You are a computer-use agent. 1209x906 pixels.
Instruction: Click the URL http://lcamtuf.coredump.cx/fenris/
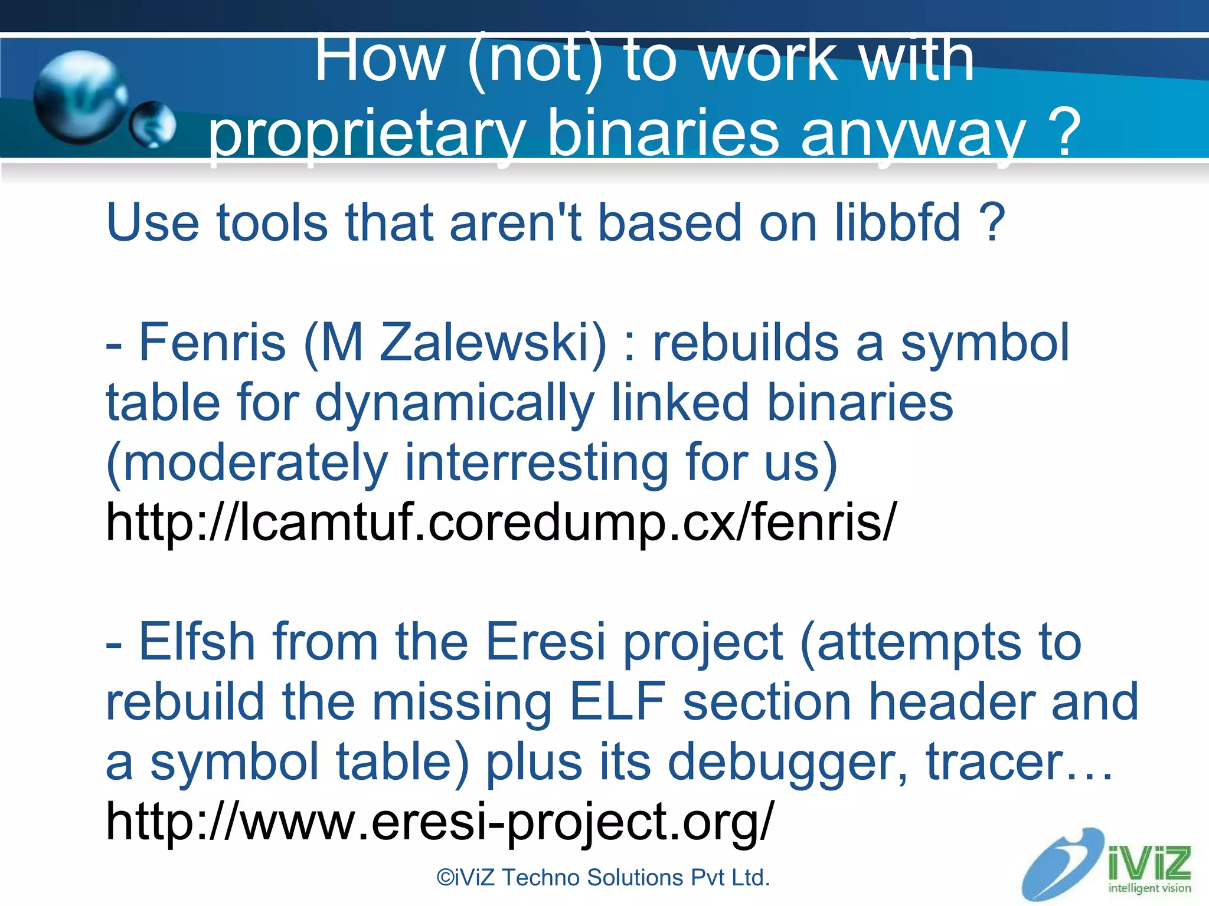pyautogui.click(x=501, y=522)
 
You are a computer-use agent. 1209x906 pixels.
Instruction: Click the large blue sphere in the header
pyautogui.click(x=80, y=97)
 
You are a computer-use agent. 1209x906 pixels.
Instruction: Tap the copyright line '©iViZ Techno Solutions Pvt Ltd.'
pyautogui.click(x=603, y=878)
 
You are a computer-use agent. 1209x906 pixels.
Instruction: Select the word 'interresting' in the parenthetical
pyautogui.click(x=535, y=462)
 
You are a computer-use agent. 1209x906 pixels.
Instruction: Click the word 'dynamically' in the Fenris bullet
pyautogui.click(x=454, y=403)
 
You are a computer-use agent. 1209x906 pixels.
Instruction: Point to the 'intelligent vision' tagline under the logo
pyautogui.click(x=1149, y=888)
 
